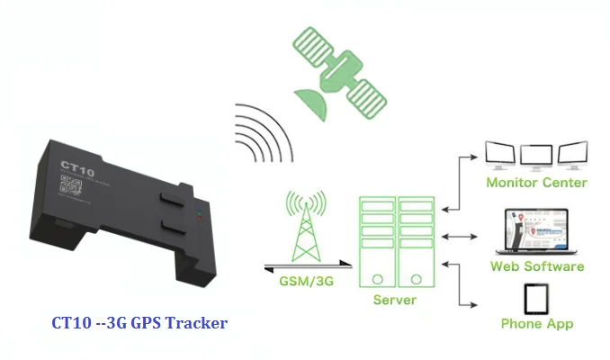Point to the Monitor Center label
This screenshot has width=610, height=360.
click(536, 183)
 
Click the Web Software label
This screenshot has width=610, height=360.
click(537, 266)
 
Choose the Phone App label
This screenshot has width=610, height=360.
click(537, 323)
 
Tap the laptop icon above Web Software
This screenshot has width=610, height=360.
click(536, 230)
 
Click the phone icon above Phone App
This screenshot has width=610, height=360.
click(537, 296)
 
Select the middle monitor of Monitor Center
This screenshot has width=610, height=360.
click(536, 154)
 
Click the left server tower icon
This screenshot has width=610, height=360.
click(377, 239)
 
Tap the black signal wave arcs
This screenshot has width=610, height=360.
click(261, 135)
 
